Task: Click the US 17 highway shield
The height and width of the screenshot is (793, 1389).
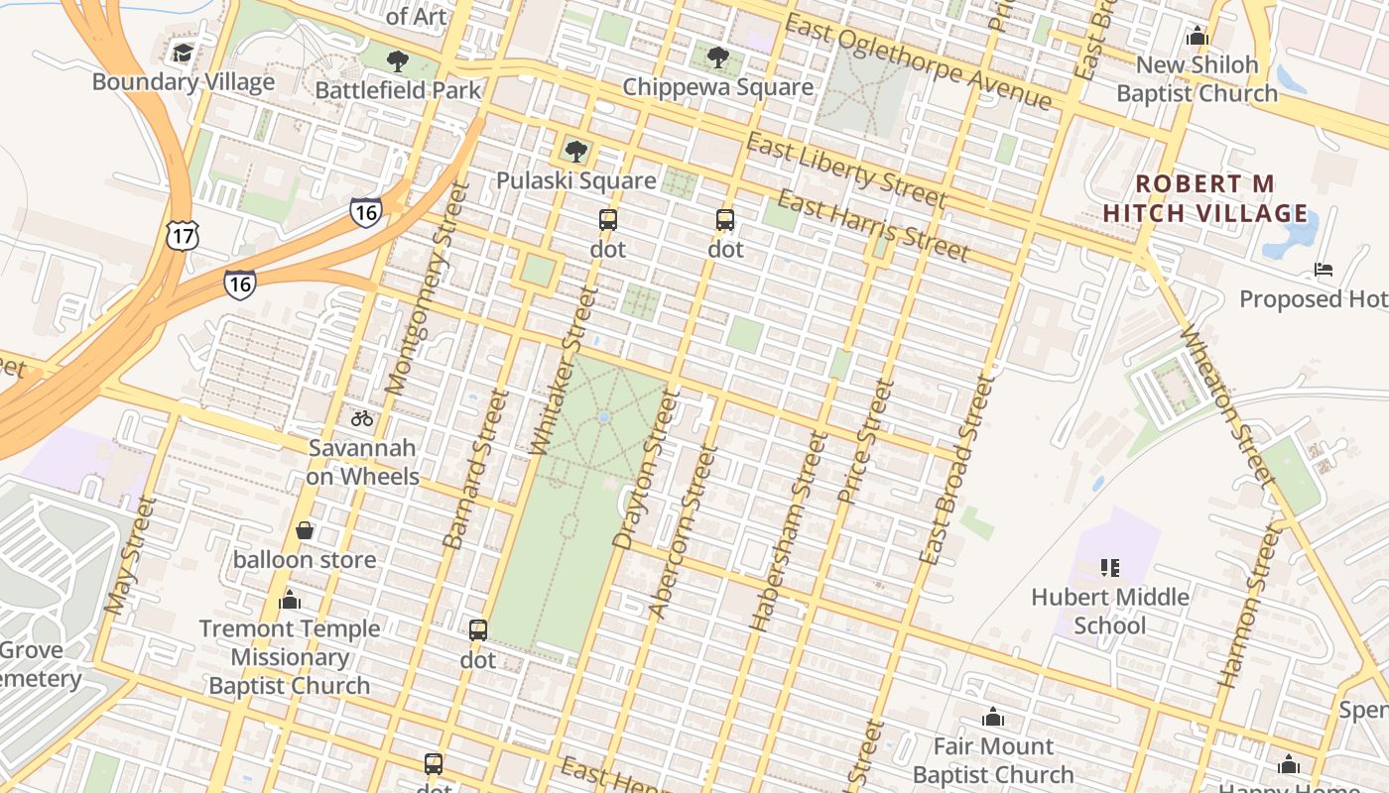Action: pyautogui.click(x=183, y=235)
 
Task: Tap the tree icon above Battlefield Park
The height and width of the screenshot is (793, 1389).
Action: pyautogui.click(x=397, y=61)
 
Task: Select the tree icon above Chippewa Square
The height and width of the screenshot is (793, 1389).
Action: pyautogui.click(x=718, y=57)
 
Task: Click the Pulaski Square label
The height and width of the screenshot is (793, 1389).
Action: pyautogui.click(x=576, y=180)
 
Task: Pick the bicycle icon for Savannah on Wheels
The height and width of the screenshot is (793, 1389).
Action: pyautogui.click(x=362, y=418)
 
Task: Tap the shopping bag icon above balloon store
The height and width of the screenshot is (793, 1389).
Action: pyautogui.click(x=305, y=530)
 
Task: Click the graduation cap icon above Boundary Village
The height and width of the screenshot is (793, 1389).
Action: pyautogui.click(x=183, y=53)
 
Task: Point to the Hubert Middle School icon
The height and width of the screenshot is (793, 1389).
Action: pyautogui.click(x=1109, y=568)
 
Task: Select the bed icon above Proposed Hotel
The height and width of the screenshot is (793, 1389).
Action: pyautogui.click(x=1324, y=269)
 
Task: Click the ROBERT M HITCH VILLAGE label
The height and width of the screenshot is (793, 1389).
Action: pyautogui.click(x=1205, y=199)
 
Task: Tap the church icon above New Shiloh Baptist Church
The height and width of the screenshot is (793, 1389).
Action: pyautogui.click(x=1198, y=37)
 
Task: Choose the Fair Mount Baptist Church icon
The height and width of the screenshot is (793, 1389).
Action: pyautogui.click(x=993, y=717)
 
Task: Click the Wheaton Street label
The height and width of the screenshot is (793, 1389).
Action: pyautogui.click(x=1225, y=405)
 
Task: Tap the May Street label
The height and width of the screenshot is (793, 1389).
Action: pyautogui.click(x=131, y=555)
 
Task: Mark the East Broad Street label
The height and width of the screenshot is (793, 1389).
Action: pyautogui.click(x=956, y=470)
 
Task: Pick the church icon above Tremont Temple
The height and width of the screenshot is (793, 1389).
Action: pyautogui.click(x=290, y=600)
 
